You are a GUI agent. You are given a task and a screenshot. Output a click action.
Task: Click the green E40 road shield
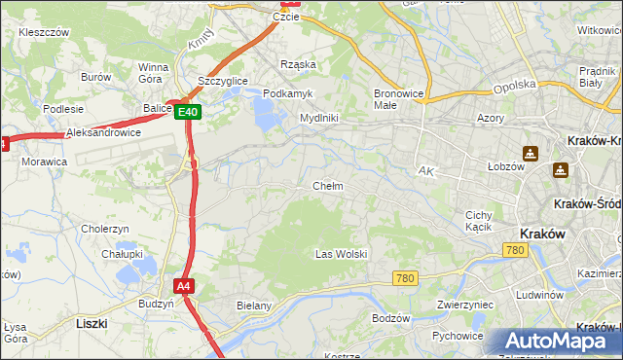tap(189, 113)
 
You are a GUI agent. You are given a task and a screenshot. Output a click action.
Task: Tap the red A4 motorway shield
tap(184, 286)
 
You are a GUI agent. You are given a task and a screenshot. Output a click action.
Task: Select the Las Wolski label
tap(341, 254)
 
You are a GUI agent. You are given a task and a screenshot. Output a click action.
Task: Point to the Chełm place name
tap(327, 186)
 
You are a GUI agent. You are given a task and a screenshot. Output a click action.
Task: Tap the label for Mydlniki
tap(318, 118)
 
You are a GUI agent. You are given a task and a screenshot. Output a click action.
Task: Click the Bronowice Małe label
tap(397, 99)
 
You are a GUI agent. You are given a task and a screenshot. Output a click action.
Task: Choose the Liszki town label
tap(90, 321)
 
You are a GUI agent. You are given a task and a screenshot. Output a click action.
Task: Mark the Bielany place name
tap(253, 306)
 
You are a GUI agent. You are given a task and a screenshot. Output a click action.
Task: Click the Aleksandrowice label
tap(103, 132)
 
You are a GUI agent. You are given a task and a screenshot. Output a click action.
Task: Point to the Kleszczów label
tap(44, 32)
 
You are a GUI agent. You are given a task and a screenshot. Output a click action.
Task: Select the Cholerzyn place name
tap(105, 229)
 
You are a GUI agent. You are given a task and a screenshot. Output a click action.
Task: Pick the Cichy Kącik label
tap(479, 221)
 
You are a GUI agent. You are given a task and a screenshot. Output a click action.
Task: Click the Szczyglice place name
tap(223, 81)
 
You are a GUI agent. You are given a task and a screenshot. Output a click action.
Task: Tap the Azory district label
tap(490, 117)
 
